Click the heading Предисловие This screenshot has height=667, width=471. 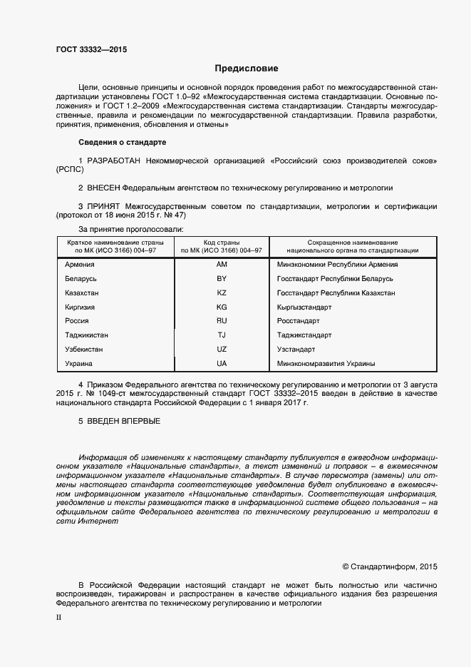[247, 68]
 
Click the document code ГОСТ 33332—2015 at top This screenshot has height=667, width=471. [92, 49]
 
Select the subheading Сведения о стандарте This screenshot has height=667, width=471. [121, 143]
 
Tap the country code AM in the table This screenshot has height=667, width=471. [222, 264]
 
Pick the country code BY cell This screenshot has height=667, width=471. [222, 278]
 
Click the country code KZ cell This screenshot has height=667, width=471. [222, 292]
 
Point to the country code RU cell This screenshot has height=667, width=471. [222, 321]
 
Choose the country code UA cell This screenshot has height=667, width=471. [222, 364]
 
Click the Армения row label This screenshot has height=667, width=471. [79, 264]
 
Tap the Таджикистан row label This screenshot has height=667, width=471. [86, 335]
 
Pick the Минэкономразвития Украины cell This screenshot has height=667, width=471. [326, 364]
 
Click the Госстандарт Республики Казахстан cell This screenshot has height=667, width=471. [336, 292]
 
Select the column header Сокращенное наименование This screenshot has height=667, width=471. [352, 243]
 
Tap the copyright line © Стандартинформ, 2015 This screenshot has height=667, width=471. [390, 567]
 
